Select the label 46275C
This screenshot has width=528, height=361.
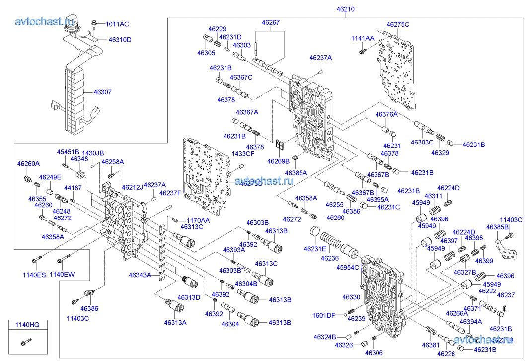(398, 24)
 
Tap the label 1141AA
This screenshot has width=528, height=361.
(363, 38)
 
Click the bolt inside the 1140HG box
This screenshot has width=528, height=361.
(26, 342)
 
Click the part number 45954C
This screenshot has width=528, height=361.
(348, 268)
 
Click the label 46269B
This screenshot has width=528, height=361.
(278, 161)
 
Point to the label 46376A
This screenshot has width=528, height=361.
(386, 115)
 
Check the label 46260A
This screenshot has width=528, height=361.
(28, 164)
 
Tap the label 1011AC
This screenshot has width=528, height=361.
(117, 24)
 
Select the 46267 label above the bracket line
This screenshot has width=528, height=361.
(271, 22)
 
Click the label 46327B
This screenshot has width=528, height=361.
(465, 272)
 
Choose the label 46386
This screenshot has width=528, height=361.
(89, 308)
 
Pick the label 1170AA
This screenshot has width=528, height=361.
(198, 220)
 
